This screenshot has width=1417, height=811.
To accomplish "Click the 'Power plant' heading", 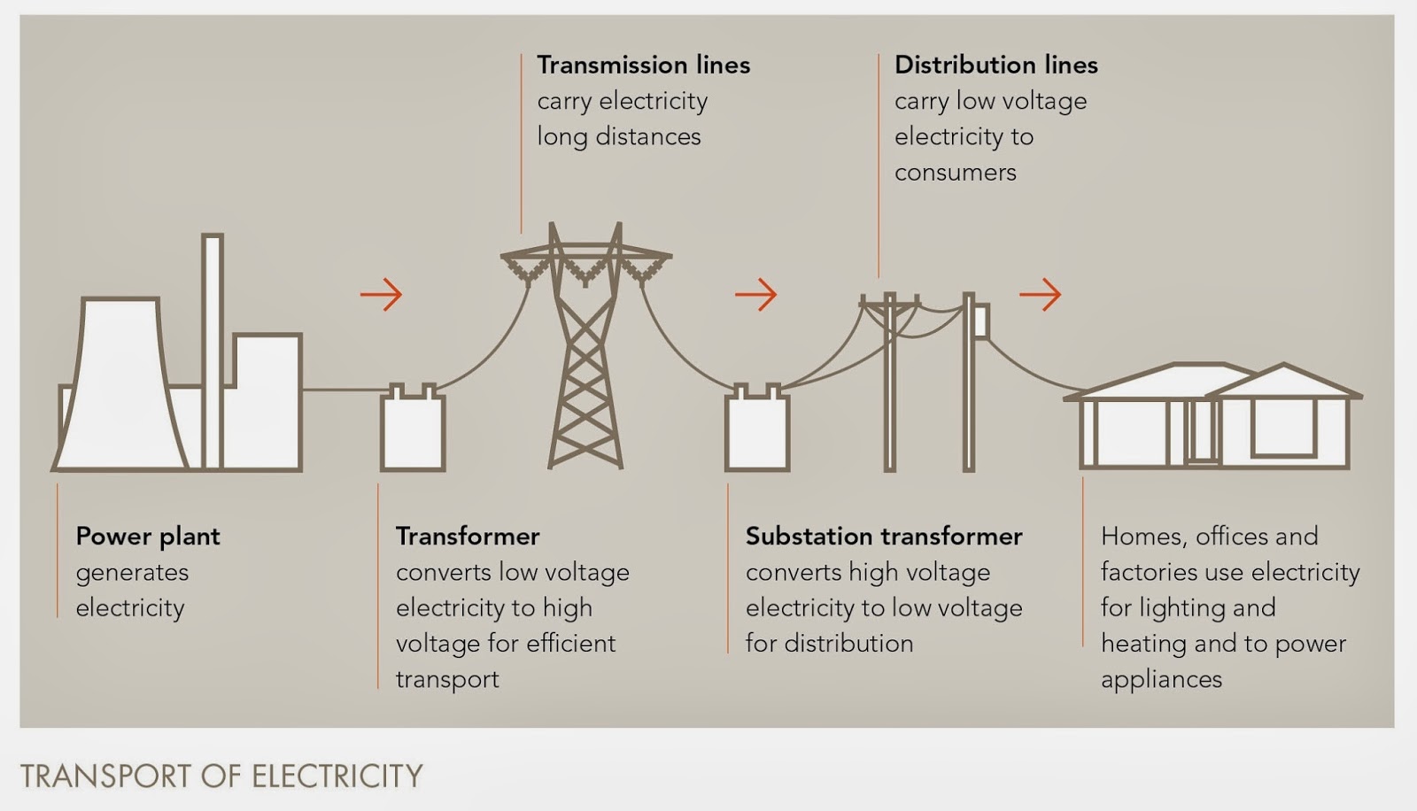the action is pyautogui.click(x=148, y=537).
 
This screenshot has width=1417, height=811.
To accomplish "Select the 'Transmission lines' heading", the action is pyautogui.click(x=643, y=65).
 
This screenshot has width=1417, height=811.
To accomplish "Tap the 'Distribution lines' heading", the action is pyautogui.click(x=995, y=65).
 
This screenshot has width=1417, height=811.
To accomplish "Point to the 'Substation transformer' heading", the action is pyautogui.click(x=884, y=537).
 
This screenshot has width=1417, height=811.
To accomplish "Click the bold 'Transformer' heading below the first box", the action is pyautogui.click(x=468, y=537).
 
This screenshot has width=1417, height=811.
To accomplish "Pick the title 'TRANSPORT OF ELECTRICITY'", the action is pyautogui.click(x=221, y=776).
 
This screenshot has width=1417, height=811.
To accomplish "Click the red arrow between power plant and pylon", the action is pyautogui.click(x=382, y=294).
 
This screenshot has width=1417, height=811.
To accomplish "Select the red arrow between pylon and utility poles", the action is pyautogui.click(x=756, y=294).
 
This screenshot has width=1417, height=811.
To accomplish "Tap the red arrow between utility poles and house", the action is pyautogui.click(x=1041, y=294).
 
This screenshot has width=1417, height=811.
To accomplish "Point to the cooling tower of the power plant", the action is pyautogui.click(x=120, y=381).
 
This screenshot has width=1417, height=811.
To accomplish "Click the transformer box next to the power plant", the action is pyautogui.click(x=413, y=431).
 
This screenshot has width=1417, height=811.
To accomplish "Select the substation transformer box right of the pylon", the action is pyautogui.click(x=757, y=431).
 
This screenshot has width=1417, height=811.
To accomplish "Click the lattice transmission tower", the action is pyautogui.click(x=585, y=354).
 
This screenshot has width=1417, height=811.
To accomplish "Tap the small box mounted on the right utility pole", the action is pyautogui.click(x=981, y=321).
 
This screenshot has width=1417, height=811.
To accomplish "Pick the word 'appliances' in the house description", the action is pyautogui.click(x=1161, y=680).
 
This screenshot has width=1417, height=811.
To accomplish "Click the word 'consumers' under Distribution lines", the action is pyautogui.click(x=955, y=173).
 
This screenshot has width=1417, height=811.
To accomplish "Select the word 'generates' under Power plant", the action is pyautogui.click(x=132, y=573).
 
